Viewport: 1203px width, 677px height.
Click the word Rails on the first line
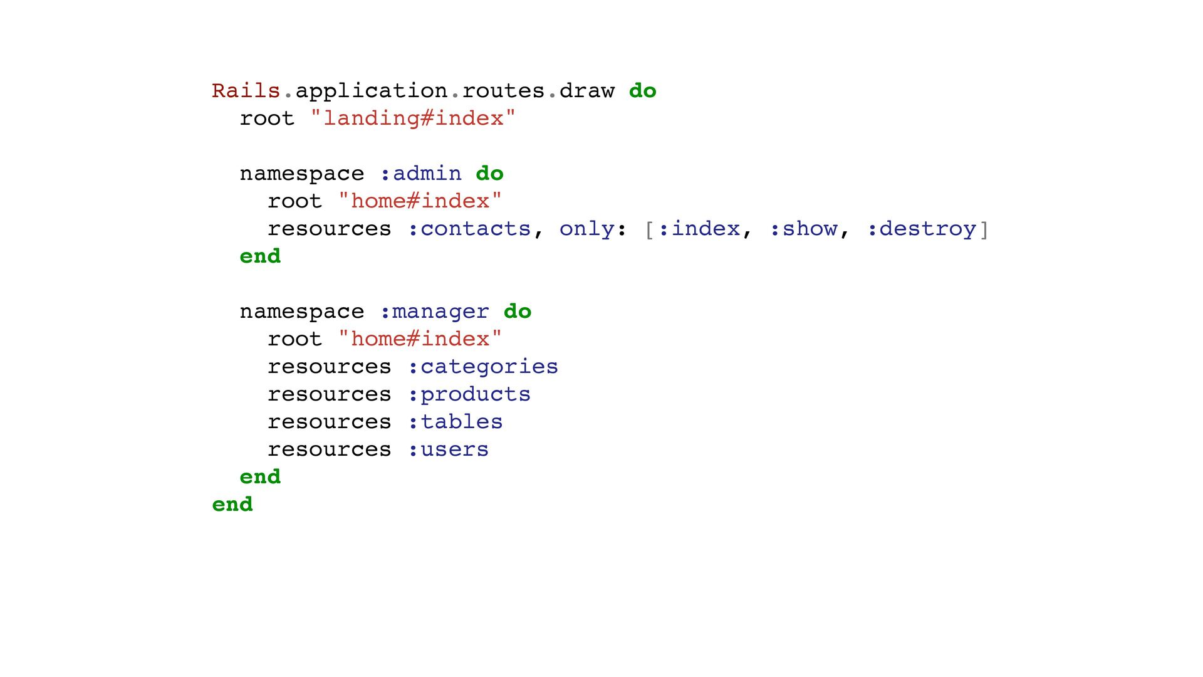246,91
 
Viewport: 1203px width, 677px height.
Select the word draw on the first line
586,91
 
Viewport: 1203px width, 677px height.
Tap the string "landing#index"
413,118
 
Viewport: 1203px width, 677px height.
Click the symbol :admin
420,174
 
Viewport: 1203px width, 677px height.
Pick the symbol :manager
434,312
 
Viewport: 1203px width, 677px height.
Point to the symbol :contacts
469,229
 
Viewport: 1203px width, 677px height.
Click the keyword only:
592,229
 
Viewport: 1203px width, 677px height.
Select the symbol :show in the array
803,229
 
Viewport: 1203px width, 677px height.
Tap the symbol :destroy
922,229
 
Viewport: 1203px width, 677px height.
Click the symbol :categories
482,367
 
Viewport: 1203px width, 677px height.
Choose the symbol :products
469,394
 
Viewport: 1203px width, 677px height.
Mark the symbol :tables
455,422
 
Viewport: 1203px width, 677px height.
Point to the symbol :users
448,449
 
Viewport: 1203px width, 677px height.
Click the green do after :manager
518,312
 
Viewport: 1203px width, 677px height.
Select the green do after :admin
489,174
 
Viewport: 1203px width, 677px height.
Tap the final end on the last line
232,505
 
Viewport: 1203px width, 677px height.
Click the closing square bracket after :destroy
984,229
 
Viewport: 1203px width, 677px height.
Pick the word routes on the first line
503,91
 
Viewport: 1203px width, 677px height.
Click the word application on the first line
371,91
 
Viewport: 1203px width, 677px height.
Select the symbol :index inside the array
699,229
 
